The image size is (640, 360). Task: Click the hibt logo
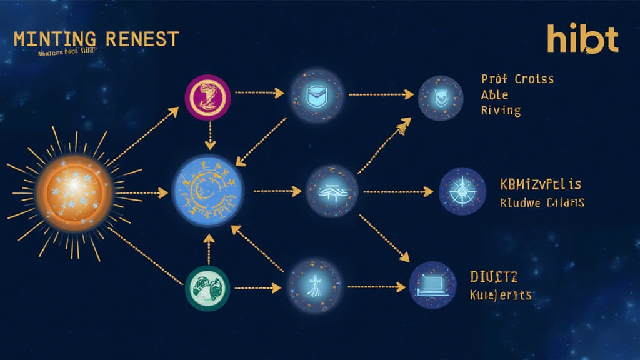point(582,39)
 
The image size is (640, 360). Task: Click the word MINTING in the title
point(56,39)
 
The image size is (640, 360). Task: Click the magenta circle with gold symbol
point(207,97)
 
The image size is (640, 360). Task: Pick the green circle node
point(207,288)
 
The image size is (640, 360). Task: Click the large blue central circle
point(208,190)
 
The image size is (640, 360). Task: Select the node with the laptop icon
point(432,285)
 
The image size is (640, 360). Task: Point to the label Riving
point(501,111)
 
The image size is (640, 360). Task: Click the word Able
point(494,95)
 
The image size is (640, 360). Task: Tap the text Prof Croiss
point(517,79)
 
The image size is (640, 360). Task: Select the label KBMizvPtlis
point(541,184)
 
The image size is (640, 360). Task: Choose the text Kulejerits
point(500,294)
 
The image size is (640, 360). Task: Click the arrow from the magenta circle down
point(210,136)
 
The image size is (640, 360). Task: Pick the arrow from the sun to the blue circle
point(141,193)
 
